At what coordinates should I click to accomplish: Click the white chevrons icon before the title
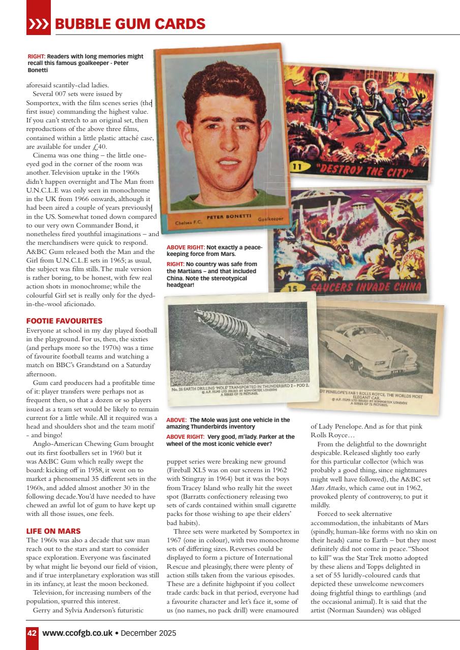39,24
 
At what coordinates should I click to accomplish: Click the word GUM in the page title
137,24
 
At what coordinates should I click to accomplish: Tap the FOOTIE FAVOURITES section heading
64,321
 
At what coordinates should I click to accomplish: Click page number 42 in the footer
32,633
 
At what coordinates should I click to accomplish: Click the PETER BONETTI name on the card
229,216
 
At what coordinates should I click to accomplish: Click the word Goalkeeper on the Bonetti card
270,219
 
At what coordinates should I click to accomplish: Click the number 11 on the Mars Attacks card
297,167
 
